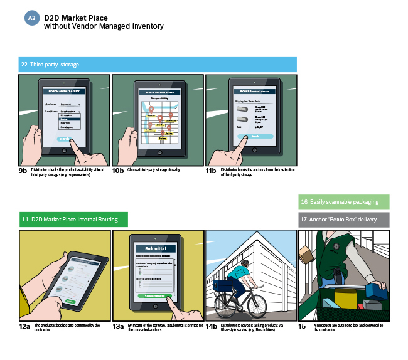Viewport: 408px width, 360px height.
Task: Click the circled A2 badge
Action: (32, 18)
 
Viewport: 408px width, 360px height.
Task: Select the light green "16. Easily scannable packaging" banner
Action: (343, 202)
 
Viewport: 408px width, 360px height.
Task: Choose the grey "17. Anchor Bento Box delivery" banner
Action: (343, 220)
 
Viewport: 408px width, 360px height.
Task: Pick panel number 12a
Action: (24, 326)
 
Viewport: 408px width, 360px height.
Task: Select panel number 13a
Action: (118, 326)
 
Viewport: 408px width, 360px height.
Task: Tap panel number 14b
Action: (212, 326)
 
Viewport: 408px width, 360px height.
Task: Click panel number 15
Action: (302, 326)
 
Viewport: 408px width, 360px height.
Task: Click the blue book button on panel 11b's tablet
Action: (255, 136)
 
